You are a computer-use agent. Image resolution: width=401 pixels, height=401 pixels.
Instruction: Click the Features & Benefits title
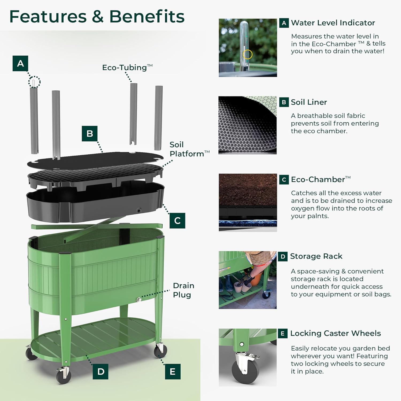coord(97,17)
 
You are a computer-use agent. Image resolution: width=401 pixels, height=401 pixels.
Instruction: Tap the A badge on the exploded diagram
coord(20,63)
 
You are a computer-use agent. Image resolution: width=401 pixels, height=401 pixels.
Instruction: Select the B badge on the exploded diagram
coord(90,133)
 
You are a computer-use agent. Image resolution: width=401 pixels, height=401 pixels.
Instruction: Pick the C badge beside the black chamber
coord(177,221)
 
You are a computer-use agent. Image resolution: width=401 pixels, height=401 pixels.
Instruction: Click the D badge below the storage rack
coord(101,372)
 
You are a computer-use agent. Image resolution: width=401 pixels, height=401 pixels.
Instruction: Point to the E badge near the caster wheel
coord(173,372)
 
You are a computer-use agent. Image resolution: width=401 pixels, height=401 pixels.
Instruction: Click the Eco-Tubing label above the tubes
coord(127,67)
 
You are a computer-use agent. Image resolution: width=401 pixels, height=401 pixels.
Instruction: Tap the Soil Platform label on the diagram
coord(189,149)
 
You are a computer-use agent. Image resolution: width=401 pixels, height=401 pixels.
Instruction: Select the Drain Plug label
coord(183,290)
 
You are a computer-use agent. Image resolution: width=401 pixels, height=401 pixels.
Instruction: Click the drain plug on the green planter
coord(139,300)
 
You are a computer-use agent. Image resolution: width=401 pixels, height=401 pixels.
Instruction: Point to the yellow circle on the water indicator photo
coord(248,54)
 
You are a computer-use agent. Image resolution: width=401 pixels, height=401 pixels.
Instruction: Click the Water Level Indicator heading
coord(333,23)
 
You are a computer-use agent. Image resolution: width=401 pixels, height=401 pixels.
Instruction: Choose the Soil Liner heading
coord(309,102)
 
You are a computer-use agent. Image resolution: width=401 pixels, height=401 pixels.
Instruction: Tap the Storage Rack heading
coord(316,256)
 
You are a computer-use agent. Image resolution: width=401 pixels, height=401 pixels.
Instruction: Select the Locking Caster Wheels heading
coord(336,333)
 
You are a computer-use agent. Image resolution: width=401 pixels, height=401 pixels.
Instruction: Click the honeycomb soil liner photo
coord(248,125)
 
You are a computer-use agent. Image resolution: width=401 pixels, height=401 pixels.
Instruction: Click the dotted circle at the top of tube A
coord(34,82)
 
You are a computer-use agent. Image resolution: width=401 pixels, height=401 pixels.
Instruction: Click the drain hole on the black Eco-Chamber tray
coord(139,211)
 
